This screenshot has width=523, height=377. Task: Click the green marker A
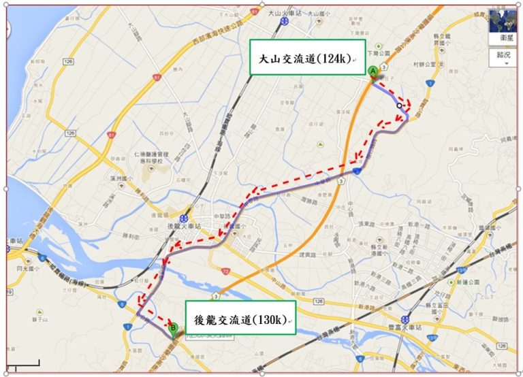coord(373,72)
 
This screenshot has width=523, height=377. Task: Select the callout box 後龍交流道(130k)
coord(242,318)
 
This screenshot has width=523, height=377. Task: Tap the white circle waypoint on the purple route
coord(399,106)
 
